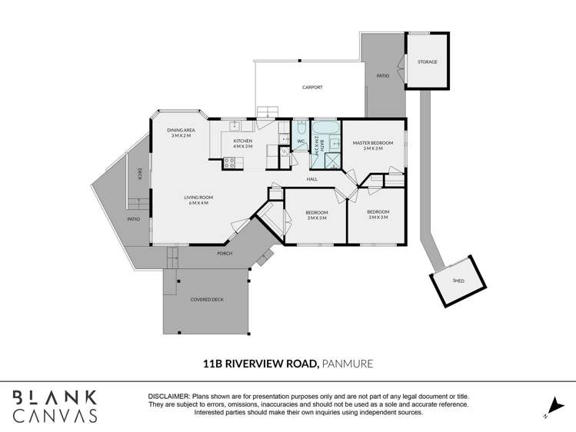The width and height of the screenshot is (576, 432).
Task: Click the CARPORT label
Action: tap(312, 88)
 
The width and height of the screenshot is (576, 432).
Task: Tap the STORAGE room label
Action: tap(428, 62)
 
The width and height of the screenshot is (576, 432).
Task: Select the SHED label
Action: tap(458, 281)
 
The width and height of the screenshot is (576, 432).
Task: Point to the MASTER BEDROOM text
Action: tap(373, 143)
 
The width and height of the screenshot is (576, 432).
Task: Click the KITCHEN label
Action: tap(243, 141)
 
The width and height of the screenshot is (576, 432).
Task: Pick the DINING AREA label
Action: tap(181, 130)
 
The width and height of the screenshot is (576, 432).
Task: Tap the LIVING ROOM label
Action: tap(198, 198)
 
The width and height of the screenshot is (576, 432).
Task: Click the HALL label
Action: tap(312, 179)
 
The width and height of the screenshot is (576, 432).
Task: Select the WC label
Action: tap(301, 141)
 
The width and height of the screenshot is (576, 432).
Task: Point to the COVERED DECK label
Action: tap(207, 300)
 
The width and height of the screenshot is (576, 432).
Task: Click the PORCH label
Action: tap(225, 254)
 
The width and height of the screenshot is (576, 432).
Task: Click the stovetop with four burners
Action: tap(230, 163)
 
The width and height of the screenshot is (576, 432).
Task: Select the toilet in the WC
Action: tap(301, 128)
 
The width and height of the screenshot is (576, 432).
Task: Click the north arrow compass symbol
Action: tap(555, 407)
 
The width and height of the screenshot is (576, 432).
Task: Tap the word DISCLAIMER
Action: tap(169, 397)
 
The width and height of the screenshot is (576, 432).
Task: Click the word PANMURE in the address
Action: tap(347, 364)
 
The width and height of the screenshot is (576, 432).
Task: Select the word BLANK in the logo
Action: tap(55, 398)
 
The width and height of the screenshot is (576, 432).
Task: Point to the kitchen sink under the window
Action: tap(235, 126)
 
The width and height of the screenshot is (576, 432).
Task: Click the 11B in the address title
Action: tap(213, 364)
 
